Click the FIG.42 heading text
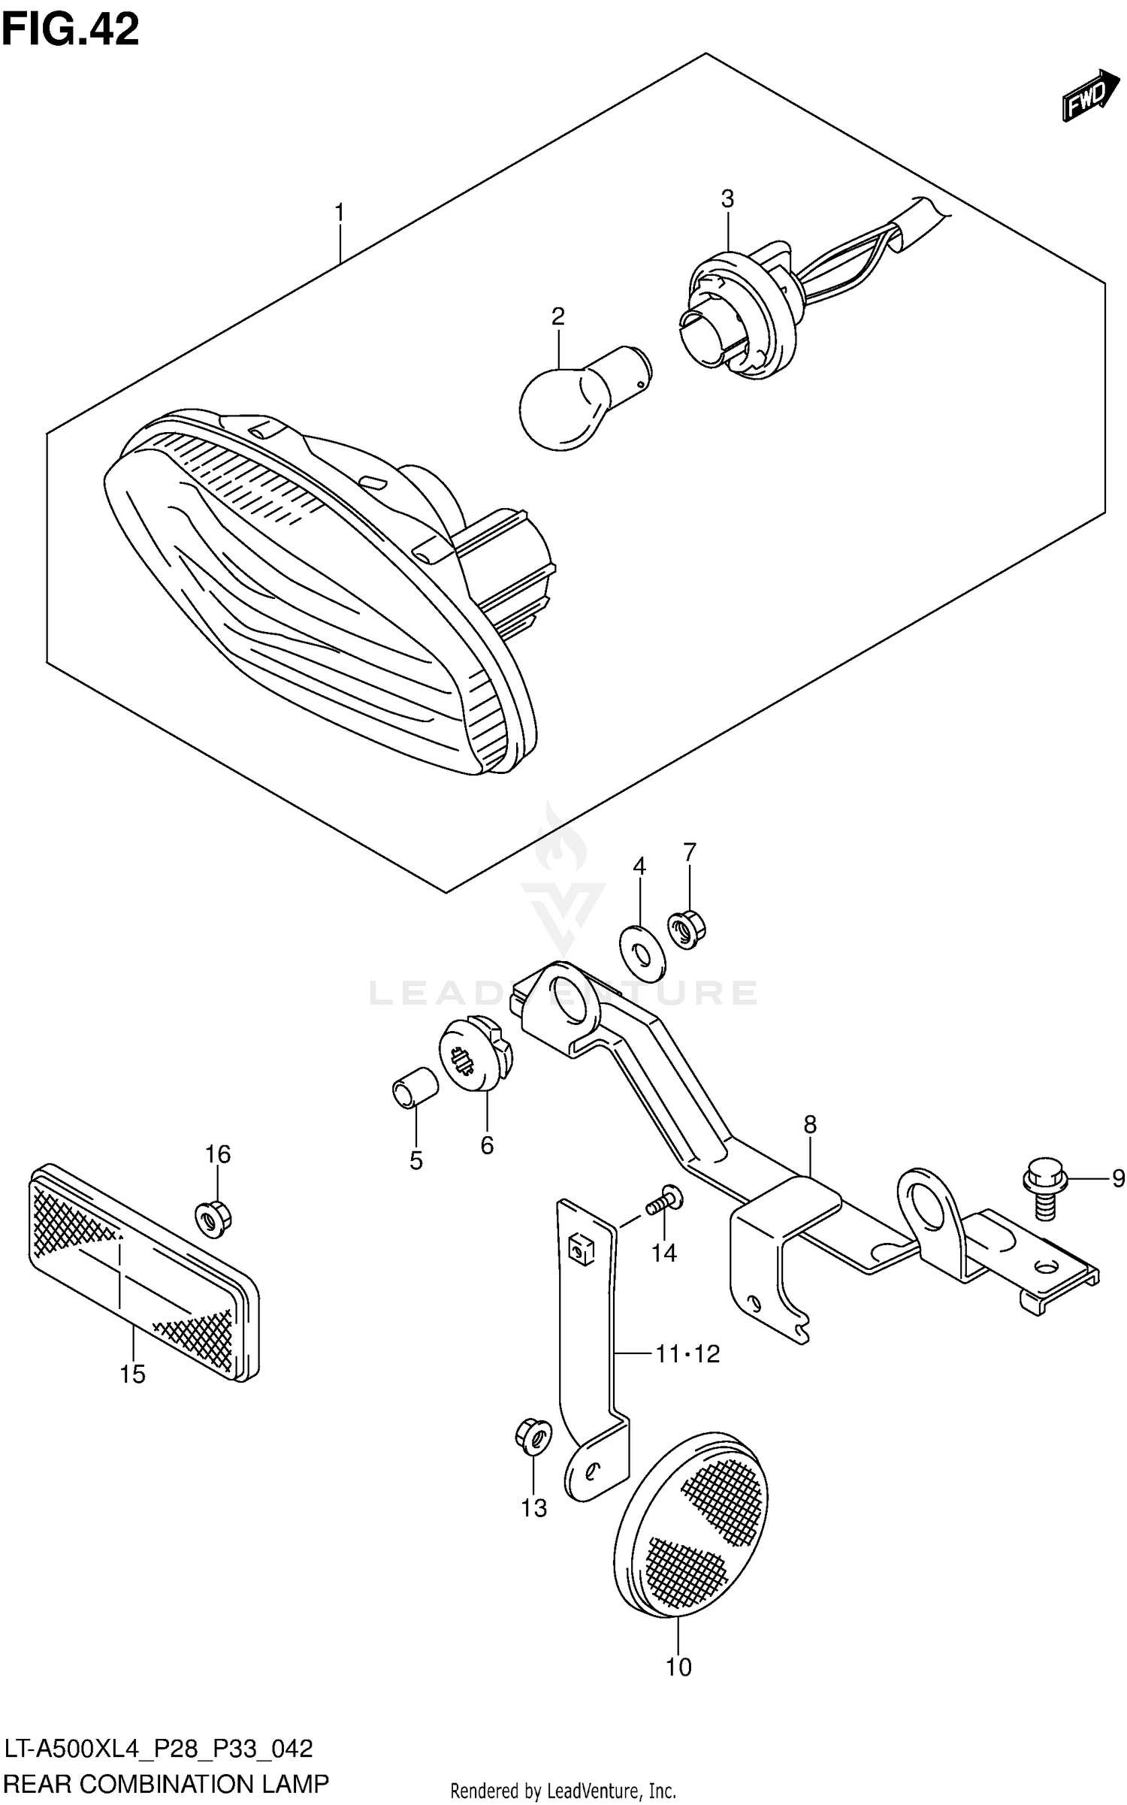pyautogui.click(x=70, y=31)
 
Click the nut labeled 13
pyautogui.click(x=532, y=1437)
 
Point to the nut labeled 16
pyautogui.click(x=213, y=1215)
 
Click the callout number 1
pyautogui.click(x=340, y=213)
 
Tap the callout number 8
pyautogui.click(x=809, y=1125)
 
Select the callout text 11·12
pyautogui.click(x=687, y=1354)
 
